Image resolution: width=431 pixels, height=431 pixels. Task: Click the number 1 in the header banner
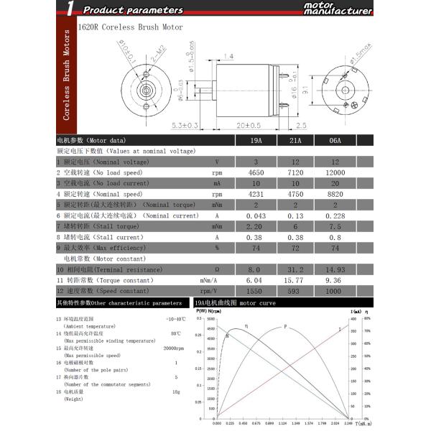pos(68,9)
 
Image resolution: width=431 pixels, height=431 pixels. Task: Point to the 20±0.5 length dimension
pos(249,125)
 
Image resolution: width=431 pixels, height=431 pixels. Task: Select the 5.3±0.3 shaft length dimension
pos(185,125)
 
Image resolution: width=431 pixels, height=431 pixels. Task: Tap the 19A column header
pos(256,140)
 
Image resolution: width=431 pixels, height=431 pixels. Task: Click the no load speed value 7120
pos(295,172)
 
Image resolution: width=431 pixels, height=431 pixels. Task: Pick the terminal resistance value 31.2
pos(295,269)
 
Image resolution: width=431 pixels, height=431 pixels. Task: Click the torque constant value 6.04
pos(256,280)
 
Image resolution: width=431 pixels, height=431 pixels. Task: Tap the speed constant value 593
pos(295,291)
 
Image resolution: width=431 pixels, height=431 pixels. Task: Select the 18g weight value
pos(175,391)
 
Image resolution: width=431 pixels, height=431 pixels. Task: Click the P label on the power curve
pos(284,327)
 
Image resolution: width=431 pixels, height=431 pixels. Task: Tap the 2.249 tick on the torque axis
pos(348,424)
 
